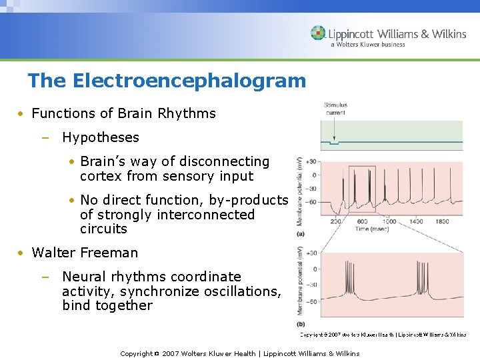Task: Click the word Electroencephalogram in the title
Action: point(189,81)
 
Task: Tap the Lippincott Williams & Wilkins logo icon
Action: point(318,33)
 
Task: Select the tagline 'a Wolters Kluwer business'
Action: point(367,45)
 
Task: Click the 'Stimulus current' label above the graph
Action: point(335,109)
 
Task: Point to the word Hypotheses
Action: point(101,137)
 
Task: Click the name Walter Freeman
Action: point(85,253)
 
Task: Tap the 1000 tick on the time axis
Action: point(389,221)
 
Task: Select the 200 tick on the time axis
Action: point(335,221)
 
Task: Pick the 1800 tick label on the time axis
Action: point(442,221)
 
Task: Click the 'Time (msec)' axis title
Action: point(373,229)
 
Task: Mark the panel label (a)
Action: point(301,234)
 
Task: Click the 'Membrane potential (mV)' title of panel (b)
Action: point(301,280)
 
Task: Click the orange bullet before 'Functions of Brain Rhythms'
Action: point(22,114)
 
